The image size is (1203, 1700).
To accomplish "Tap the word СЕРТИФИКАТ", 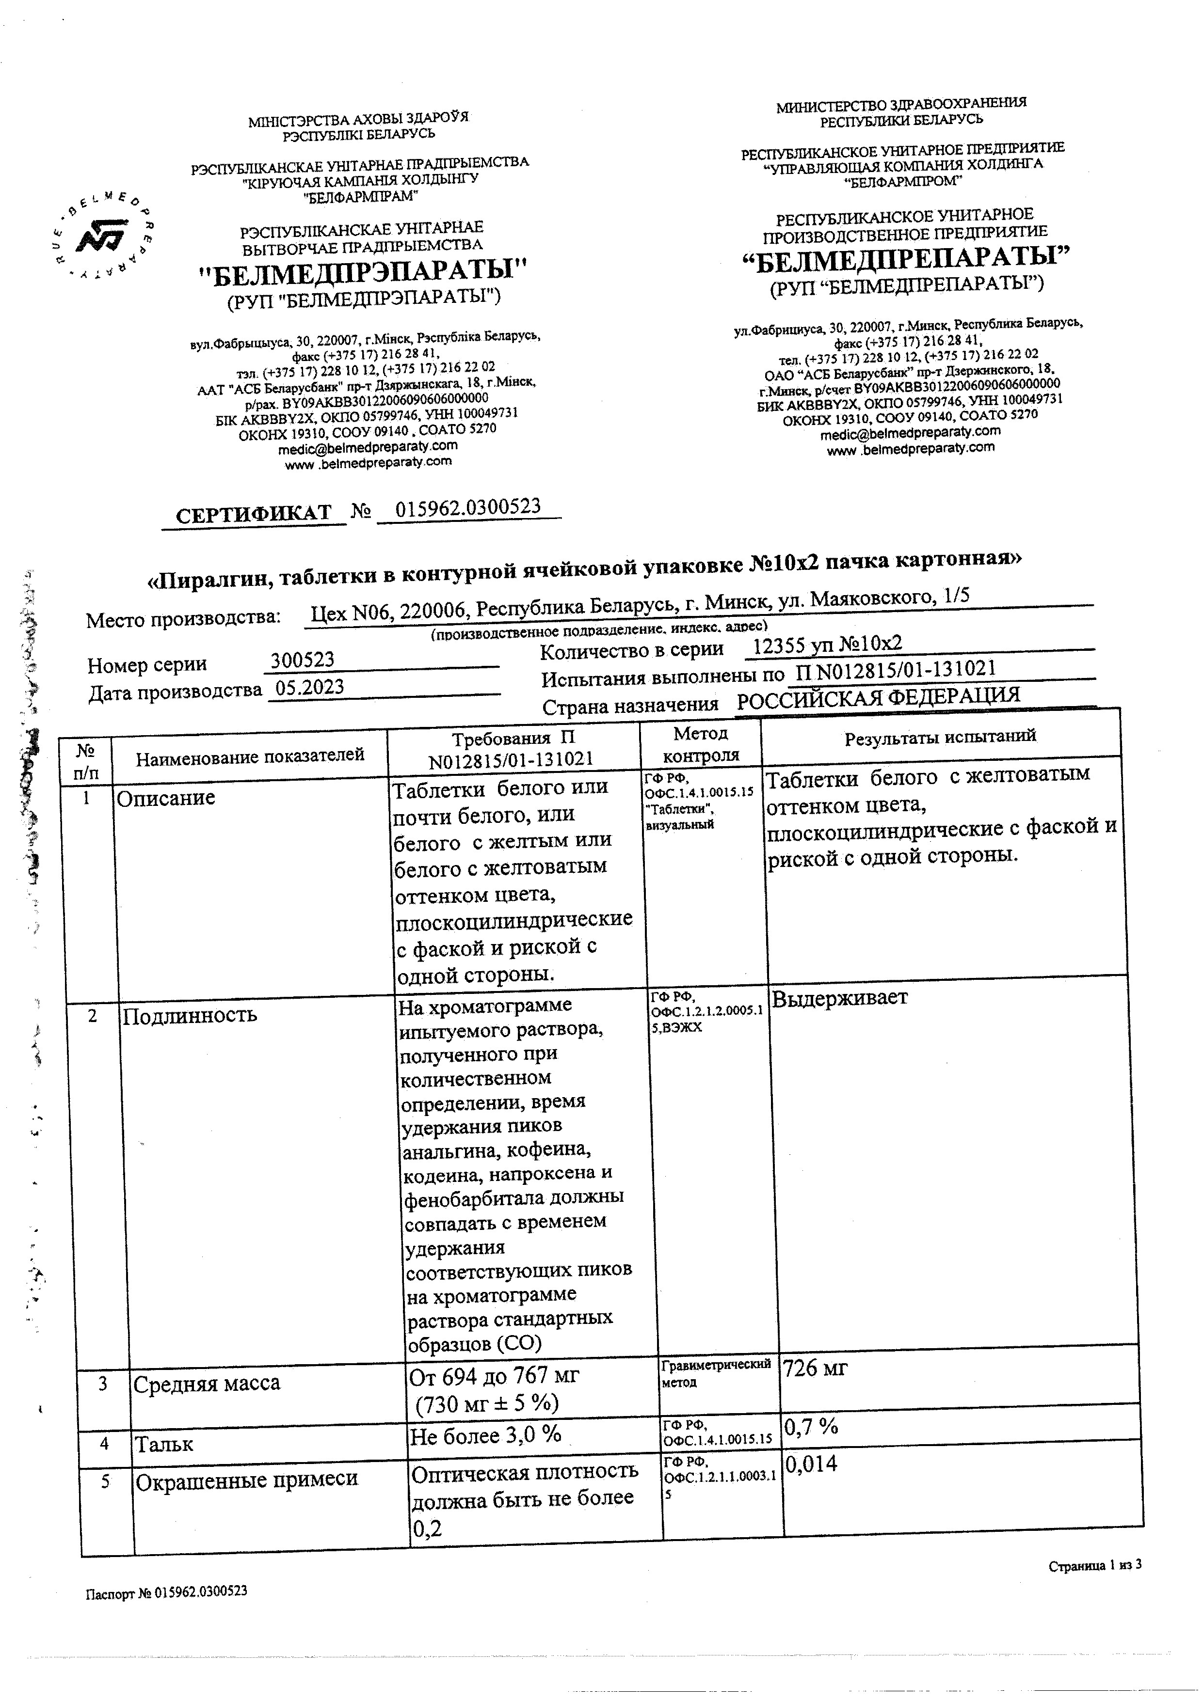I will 253,514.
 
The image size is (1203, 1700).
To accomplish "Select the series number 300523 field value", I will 302,659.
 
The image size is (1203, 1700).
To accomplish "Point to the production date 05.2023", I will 310,687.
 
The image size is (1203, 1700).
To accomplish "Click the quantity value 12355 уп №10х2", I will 827,645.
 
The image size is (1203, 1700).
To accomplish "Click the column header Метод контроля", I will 701,744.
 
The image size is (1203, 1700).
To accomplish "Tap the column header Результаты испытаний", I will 940,736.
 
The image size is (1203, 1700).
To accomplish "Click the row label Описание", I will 166,798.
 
